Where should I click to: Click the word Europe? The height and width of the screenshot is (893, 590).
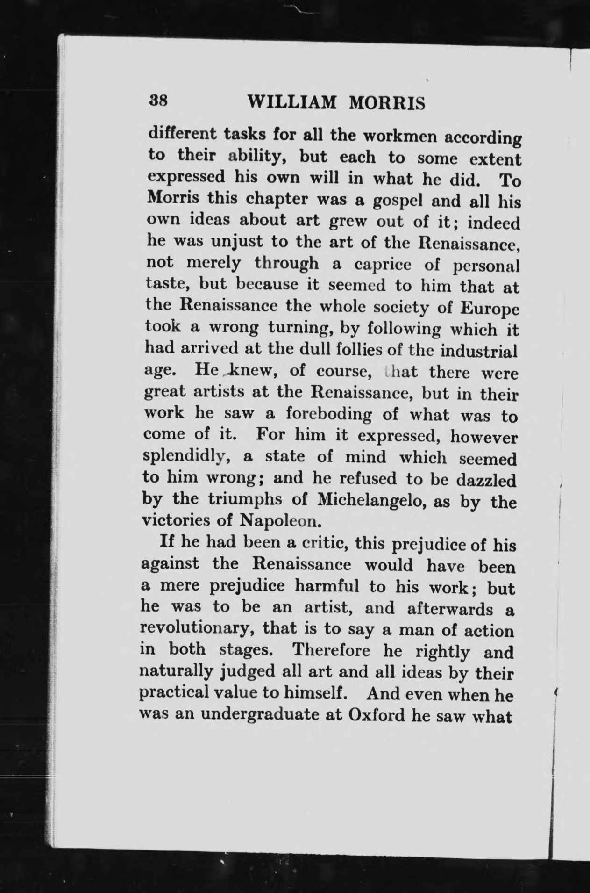pos(489,310)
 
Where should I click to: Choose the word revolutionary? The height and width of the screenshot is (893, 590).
pos(197,628)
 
